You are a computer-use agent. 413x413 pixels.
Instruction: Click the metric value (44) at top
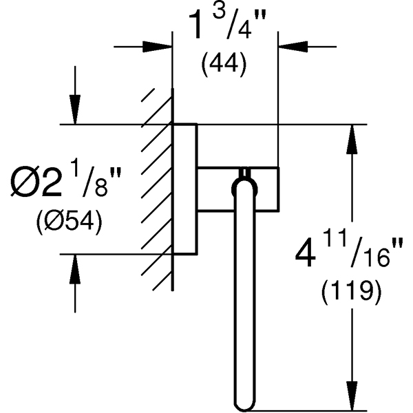(x=223, y=65)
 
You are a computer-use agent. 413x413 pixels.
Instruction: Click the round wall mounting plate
(x=184, y=189)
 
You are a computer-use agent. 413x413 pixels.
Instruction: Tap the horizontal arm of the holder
(x=265, y=187)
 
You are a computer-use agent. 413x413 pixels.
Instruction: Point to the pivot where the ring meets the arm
(x=244, y=181)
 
